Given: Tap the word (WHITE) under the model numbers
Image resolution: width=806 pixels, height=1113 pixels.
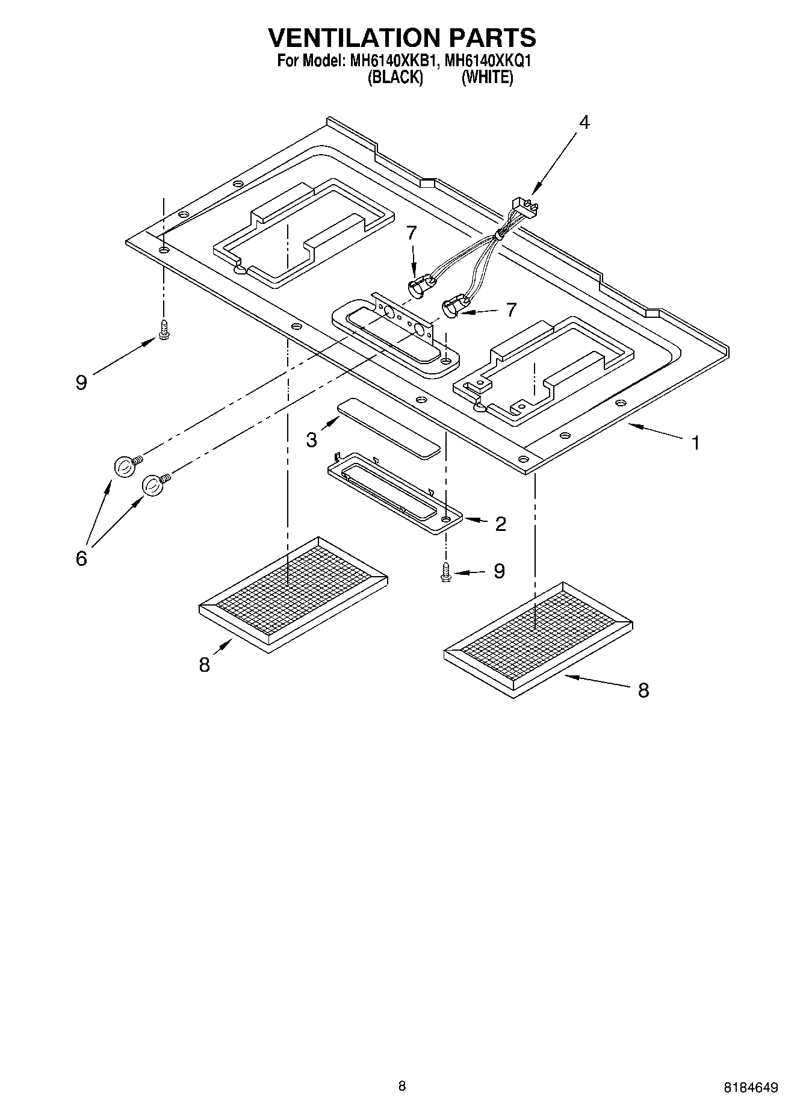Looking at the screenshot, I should pos(487,78).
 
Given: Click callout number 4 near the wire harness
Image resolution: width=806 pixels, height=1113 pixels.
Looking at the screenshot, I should pos(584,122).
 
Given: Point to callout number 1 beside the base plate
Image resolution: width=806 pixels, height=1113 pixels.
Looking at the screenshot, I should pos(695,444).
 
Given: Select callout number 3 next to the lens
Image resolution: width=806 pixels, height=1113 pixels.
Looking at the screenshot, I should pos(311,440).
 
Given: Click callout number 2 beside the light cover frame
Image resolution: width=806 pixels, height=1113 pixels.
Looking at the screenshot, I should pos(500,524).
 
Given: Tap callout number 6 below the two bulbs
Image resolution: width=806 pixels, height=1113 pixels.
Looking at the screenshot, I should pos(81,558).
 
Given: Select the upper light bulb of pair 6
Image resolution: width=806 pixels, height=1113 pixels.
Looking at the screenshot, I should pos(124,467).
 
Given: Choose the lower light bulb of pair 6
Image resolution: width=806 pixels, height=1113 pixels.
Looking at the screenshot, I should pos(153,485).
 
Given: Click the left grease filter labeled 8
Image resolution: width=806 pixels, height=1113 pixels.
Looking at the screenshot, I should pos(293,594).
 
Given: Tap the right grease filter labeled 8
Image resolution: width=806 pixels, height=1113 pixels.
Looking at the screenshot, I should pos(538,640).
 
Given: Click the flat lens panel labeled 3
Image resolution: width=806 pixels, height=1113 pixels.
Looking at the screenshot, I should pos(389,428).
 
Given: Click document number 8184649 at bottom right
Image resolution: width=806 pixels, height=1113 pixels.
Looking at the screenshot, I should pos(751,1088).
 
